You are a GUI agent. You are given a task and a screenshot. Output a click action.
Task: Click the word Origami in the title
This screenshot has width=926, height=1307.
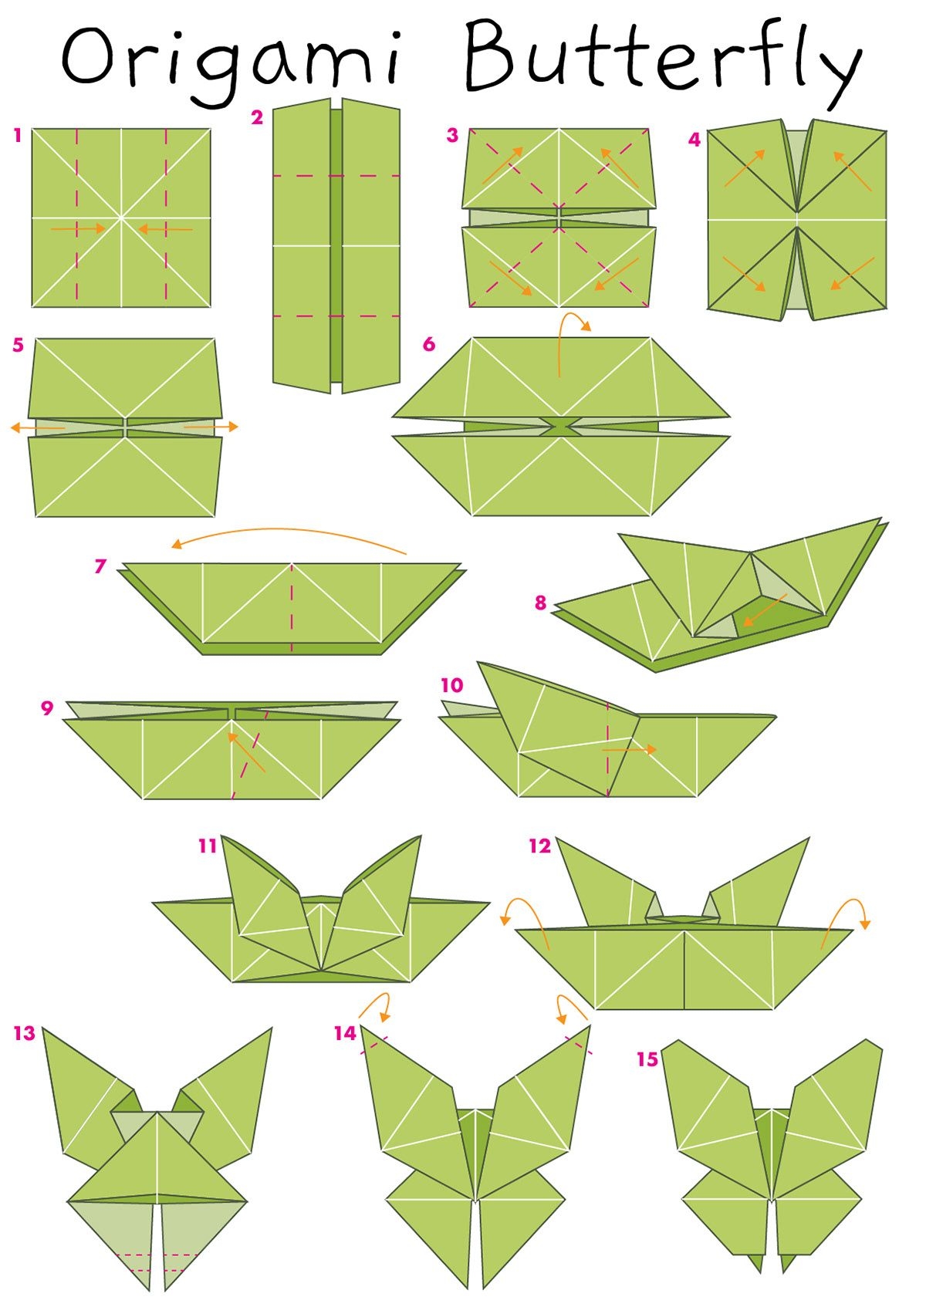click(231, 64)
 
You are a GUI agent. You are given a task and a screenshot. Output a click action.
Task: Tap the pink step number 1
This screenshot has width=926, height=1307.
click(18, 136)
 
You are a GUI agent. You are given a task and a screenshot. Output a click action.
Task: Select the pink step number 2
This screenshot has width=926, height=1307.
click(257, 118)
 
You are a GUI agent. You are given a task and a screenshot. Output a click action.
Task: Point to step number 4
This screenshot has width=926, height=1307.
click(694, 140)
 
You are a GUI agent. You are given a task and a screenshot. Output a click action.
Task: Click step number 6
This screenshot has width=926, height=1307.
click(429, 344)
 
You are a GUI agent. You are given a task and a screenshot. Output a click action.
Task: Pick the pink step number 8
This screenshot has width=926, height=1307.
click(540, 603)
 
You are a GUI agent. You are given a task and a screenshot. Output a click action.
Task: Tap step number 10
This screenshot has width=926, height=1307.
click(452, 685)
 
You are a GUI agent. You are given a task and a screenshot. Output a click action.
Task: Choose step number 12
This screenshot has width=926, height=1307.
click(539, 846)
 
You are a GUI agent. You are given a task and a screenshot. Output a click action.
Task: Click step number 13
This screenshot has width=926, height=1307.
click(25, 1033)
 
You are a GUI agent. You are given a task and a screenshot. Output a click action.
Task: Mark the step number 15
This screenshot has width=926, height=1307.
click(647, 1059)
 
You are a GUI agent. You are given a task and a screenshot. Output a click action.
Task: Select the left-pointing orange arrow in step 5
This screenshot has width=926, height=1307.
click(37, 428)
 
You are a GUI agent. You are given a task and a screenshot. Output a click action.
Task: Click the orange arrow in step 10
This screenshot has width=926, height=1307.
click(629, 750)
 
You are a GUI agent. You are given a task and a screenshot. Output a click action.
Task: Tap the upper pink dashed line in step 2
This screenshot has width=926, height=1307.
click(336, 176)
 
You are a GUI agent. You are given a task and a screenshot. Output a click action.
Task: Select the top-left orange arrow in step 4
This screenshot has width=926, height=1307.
click(745, 168)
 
